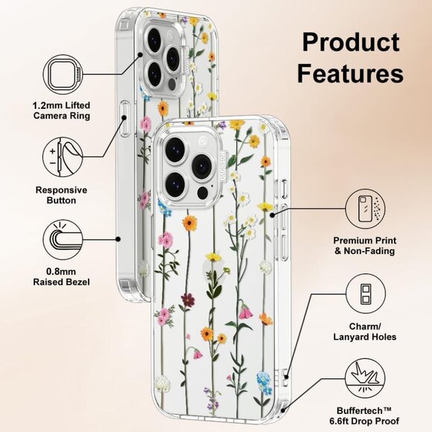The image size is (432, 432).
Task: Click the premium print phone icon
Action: click(x=365, y=209)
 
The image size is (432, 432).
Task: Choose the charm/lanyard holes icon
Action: click(x=365, y=291)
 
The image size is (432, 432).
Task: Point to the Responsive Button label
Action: click(x=61, y=195)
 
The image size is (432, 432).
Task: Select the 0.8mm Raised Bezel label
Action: click(x=61, y=277)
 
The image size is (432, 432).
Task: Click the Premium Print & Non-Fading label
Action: click(x=365, y=246)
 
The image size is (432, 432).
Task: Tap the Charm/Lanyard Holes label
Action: click(x=365, y=331)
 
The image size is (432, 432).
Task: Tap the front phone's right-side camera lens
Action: click(x=201, y=165)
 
